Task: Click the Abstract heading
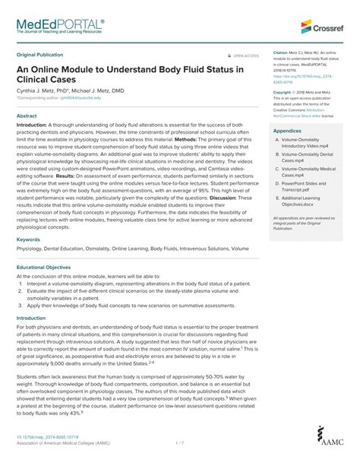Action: (x=27, y=116)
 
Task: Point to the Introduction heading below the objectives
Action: (x=32, y=318)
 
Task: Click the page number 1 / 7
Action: (x=179, y=442)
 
